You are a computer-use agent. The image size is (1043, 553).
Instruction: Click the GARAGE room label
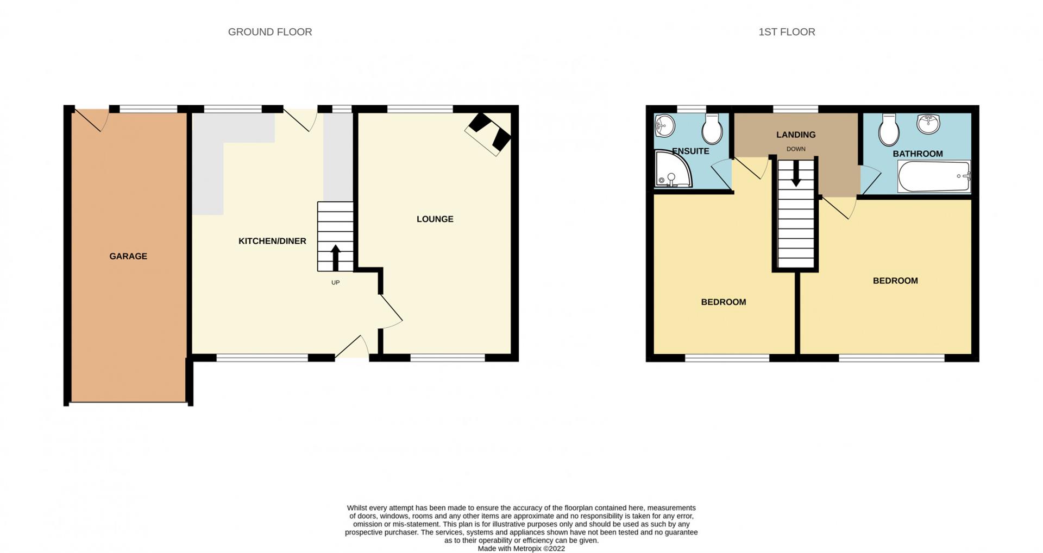[128, 256]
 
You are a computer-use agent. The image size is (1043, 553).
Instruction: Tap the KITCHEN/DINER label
[272, 241]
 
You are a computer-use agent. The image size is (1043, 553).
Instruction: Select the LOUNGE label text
[435, 219]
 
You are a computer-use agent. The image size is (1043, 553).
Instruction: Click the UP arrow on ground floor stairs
[335, 258]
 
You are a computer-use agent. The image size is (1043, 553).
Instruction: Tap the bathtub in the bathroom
[934, 176]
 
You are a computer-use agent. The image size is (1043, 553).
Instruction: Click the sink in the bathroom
[928, 123]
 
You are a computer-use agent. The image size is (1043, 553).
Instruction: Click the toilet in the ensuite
[712, 129]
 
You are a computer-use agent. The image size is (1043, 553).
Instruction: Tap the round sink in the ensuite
[664, 126]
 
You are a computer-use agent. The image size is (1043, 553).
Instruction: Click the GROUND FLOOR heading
[270, 32]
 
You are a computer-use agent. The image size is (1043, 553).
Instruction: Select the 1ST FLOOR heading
[787, 32]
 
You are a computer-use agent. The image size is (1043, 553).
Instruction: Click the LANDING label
[796, 135]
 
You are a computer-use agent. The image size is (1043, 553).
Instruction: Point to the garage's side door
[90, 120]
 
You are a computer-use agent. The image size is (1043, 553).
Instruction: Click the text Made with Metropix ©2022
[521, 549]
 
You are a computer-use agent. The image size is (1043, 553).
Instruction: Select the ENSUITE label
[690, 151]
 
